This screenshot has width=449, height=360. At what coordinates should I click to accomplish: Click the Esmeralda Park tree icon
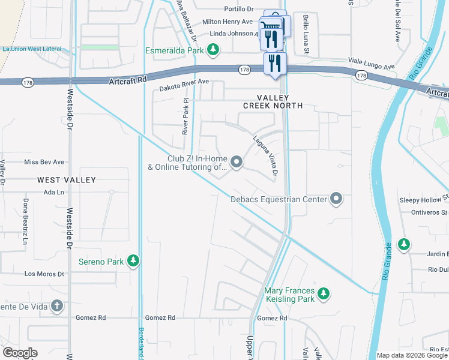click(212, 49)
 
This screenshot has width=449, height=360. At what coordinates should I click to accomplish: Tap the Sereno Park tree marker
click(133, 261)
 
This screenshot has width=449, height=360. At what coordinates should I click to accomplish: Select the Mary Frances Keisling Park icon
click(324, 293)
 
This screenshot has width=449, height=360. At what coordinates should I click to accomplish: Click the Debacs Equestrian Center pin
click(337, 199)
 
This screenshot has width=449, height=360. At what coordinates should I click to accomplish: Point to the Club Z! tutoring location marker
click(237, 161)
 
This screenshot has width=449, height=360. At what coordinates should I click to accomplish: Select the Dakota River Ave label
click(184, 85)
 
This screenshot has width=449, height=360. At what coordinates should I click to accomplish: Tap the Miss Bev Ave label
click(44, 162)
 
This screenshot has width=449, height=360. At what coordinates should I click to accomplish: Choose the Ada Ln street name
click(53, 192)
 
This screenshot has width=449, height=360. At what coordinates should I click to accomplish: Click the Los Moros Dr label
click(44, 274)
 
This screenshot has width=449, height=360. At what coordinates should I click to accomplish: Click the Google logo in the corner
click(20, 353)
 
